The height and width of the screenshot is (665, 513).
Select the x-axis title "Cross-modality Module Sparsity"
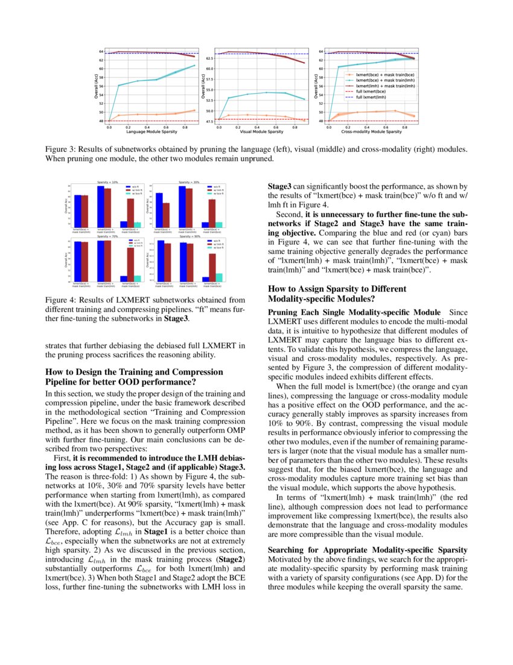[371, 131]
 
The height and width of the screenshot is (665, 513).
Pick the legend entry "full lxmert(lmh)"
[371, 97]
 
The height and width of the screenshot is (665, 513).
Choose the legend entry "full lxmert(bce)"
[371, 91]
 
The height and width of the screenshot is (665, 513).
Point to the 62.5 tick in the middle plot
[209, 59]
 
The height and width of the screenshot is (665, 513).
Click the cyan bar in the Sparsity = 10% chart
[137, 224]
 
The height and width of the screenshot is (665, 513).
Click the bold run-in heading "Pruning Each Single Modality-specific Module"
[351, 313]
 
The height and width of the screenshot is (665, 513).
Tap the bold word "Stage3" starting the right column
[280, 187]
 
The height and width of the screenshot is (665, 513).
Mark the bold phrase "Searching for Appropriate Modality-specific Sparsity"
[367, 550]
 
